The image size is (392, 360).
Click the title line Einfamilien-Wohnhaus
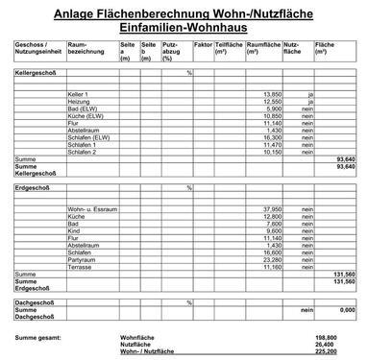click(x=195, y=28)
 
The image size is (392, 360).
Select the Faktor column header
click(x=202, y=45)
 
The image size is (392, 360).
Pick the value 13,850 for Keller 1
click(x=271, y=93)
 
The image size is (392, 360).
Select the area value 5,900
click(x=273, y=108)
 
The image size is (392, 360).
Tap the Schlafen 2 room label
click(x=84, y=152)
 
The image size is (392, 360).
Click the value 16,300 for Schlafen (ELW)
click(x=271, y=137)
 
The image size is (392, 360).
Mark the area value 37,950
click(x=271, y=208)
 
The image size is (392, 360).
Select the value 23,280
click(x=271, y=259)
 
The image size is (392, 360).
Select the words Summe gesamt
click(x=37, y=338)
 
